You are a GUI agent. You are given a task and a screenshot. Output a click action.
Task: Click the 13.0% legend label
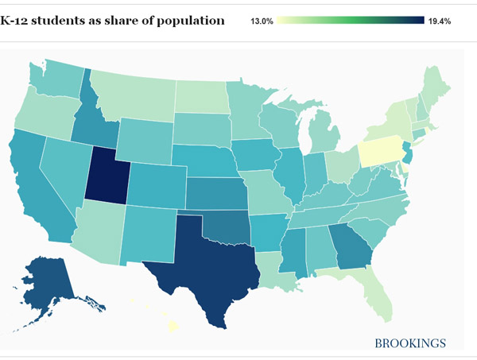[x=262, y=21]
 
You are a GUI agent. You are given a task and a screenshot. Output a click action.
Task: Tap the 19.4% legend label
[x=440, y=21]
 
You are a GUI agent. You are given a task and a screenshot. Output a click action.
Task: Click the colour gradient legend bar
[x=350, y=21]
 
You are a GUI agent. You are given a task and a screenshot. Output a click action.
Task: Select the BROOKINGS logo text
[x=410, y=343]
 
